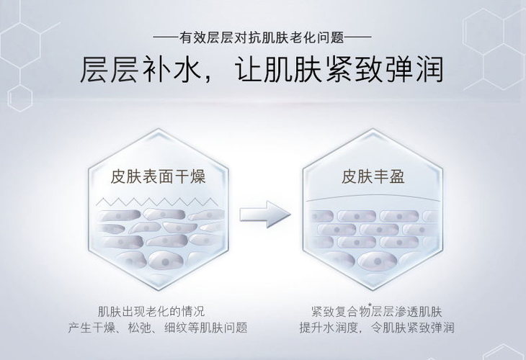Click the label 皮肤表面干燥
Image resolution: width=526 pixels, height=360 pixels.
tap(158, 176)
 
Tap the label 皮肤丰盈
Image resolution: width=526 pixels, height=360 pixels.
tap(373, 176)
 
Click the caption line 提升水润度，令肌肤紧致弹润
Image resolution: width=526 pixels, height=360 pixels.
tap(377, 328)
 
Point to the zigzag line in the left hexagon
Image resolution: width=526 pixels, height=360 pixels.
tap(158, 199)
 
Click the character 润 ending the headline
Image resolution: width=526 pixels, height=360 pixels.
tap(427, 72)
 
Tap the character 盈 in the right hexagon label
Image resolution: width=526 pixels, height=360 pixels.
tap(395, 176)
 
